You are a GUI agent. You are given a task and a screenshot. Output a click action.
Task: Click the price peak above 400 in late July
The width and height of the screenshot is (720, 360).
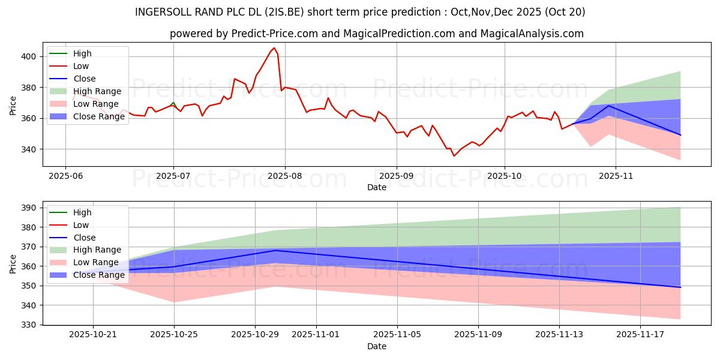pos(274,48)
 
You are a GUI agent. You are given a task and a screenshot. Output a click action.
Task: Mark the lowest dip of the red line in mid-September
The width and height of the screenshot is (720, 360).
pos(454,156)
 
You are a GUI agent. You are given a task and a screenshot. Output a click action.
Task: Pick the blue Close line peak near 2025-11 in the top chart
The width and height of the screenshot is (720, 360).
pos(609,106)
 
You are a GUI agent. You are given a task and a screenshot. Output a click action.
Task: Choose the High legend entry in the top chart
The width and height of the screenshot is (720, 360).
pos(82,53)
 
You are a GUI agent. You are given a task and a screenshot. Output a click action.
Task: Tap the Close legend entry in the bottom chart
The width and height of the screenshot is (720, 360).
pos(84,238)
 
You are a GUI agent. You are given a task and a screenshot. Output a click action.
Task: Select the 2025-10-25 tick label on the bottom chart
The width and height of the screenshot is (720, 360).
pos(174,335)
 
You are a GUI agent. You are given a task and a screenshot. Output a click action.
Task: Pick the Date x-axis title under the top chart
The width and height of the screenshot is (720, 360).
pos(376,187)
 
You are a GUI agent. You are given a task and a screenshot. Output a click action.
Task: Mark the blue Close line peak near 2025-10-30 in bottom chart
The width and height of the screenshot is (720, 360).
pos(275,250)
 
